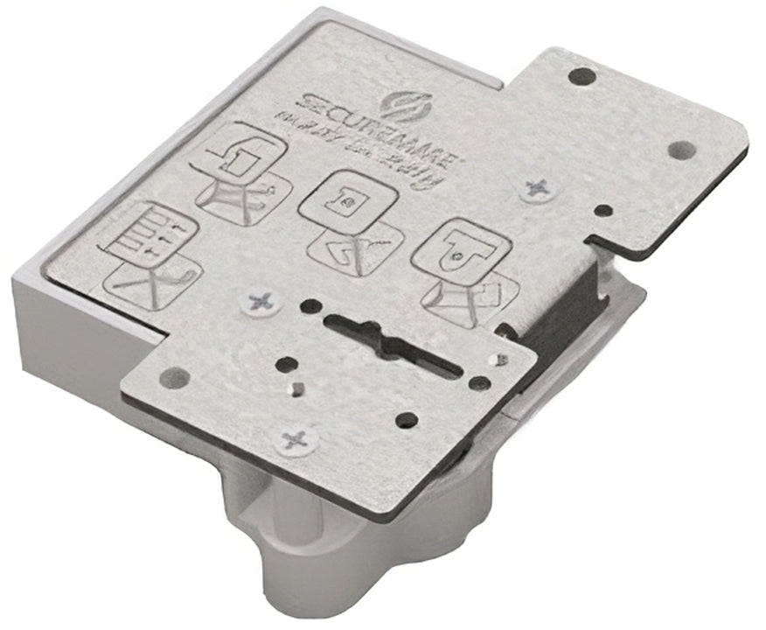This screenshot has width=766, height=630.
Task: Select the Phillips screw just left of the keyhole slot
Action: coord(261,303)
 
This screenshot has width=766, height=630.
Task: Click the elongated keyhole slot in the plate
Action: coord(393,342)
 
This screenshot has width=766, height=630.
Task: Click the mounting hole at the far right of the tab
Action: coord(682,150)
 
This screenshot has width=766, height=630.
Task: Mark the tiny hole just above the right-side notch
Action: coord(603,211)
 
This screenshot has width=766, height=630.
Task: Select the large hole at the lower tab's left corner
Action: coord(174,377)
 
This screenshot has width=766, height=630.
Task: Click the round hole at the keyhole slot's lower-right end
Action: coord(477,382)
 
